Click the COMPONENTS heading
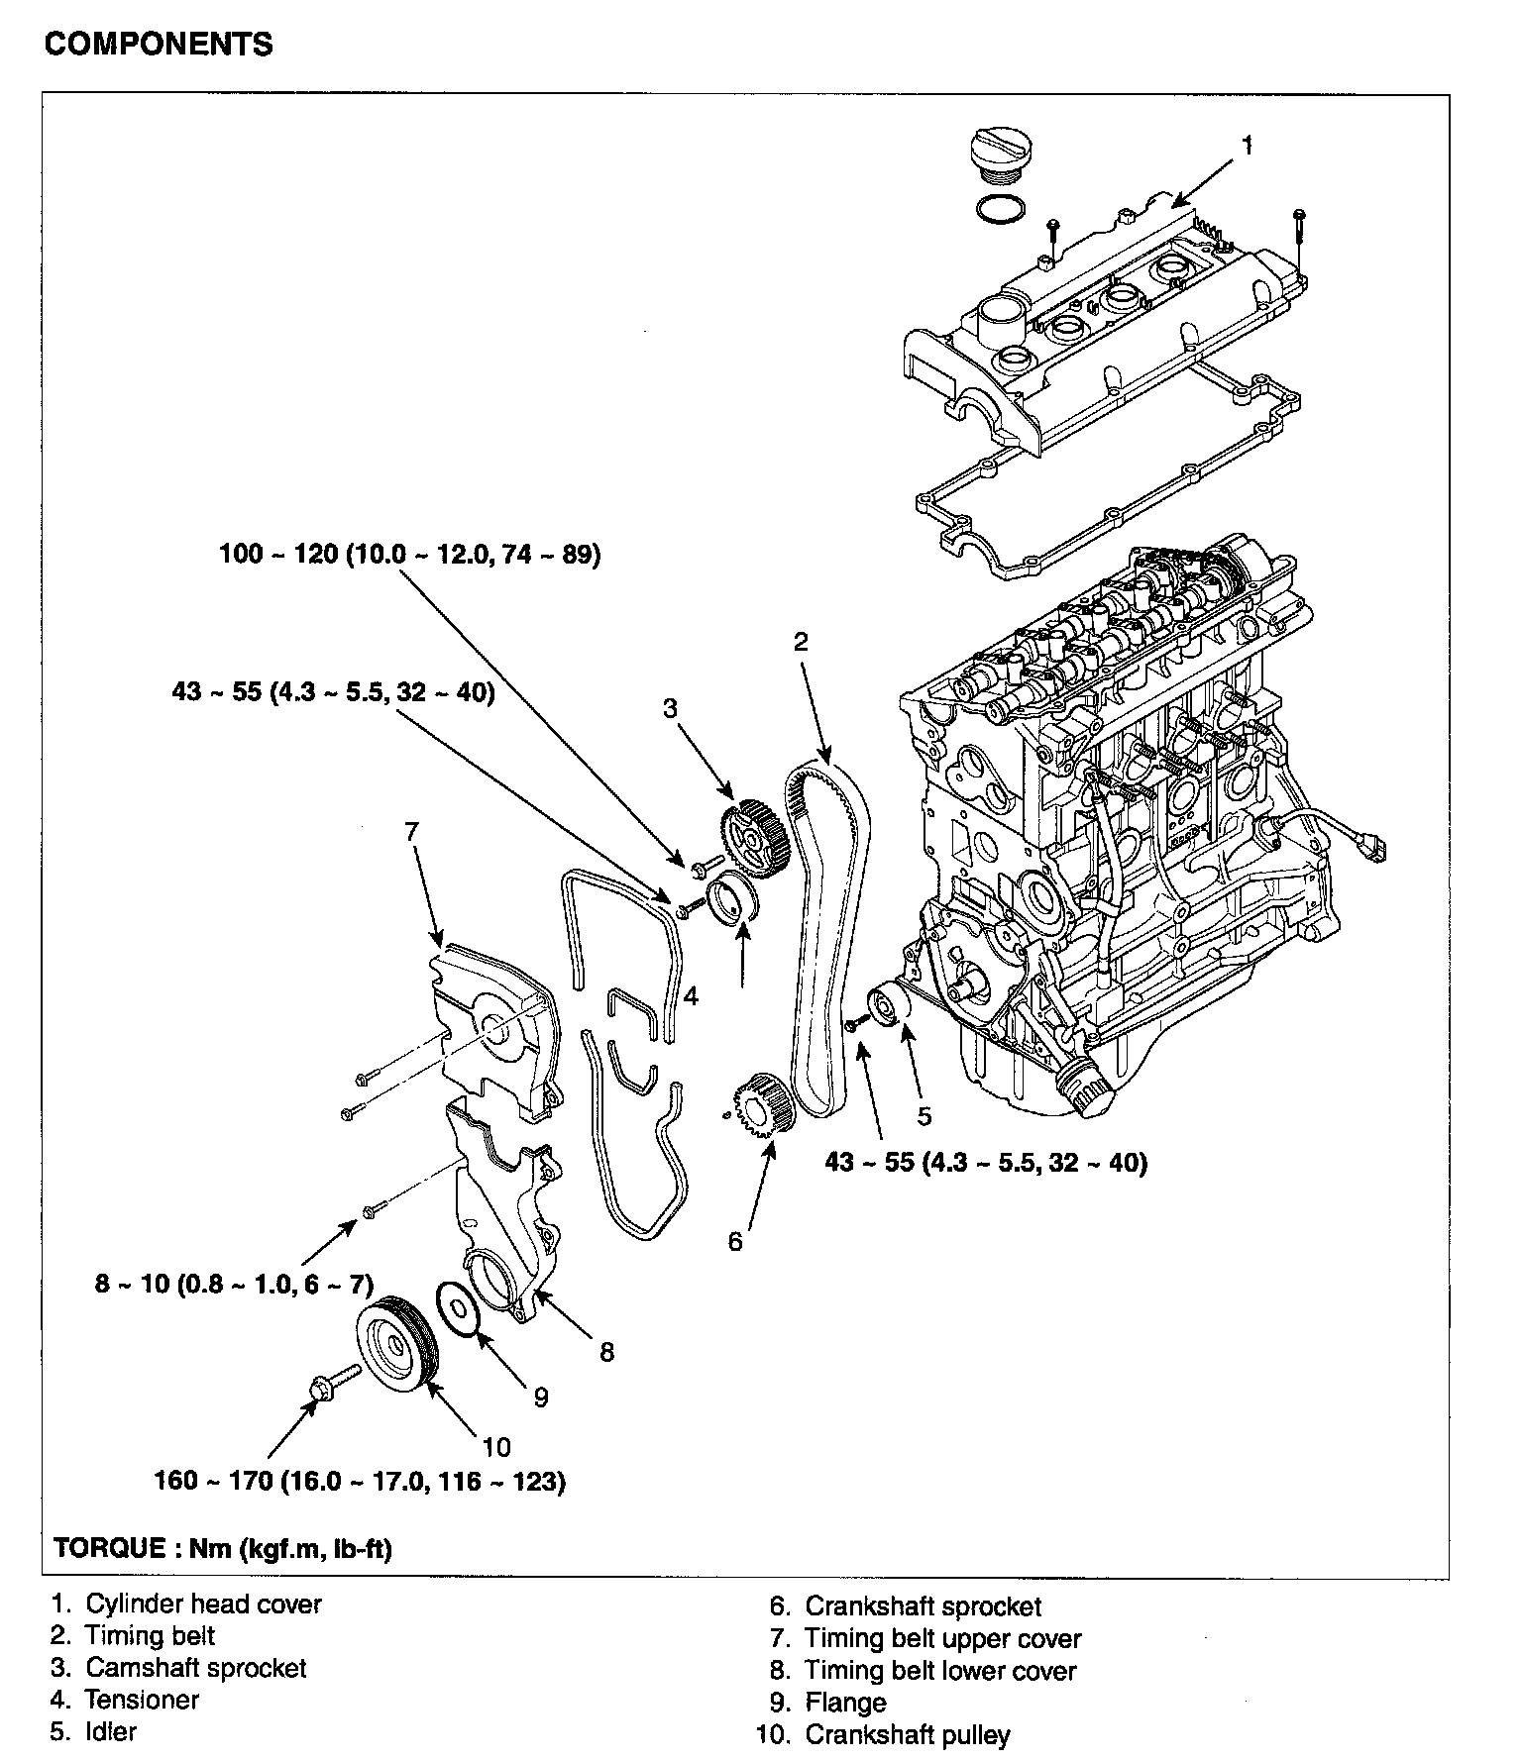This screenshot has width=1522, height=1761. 159,45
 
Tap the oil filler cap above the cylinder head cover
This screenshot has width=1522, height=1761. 995,155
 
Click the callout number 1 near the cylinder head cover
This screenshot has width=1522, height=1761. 1248,146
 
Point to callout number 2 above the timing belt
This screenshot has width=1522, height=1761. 801,642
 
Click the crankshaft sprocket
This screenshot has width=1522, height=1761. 758,1102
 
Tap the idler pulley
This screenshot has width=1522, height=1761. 888,1008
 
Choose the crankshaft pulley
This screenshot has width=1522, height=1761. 394,1342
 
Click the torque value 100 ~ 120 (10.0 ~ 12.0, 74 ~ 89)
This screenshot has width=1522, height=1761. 410,554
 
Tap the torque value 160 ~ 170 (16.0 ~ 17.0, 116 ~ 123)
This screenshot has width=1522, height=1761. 360,1483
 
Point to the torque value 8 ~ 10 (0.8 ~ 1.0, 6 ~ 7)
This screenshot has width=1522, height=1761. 234,1286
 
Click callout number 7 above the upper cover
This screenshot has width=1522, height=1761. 412,831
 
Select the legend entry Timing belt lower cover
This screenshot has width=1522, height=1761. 924,1671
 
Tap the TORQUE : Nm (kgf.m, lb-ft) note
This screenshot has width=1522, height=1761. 223,1548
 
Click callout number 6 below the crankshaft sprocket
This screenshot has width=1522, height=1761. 735,1241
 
